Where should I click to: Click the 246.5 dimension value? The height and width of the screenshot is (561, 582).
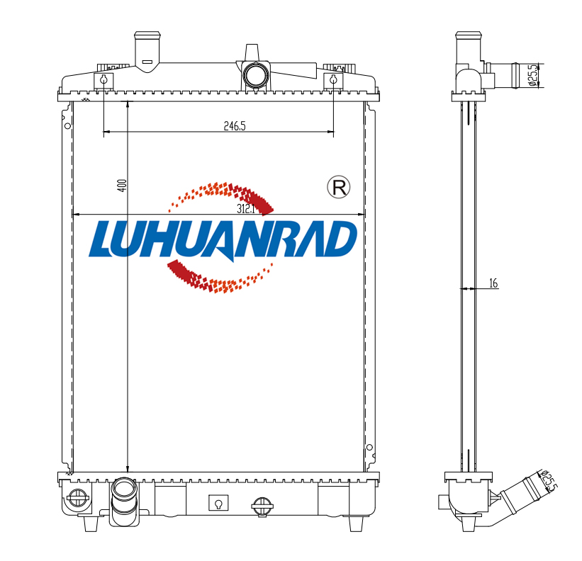click(235, 126)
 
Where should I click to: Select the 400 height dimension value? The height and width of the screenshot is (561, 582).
click(122, 186)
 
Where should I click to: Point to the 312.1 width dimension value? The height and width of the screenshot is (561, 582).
click(246, 209)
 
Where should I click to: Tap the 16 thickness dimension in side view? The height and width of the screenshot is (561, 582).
click(493, 283)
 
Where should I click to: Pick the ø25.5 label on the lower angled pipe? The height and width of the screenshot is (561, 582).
click(549, 481)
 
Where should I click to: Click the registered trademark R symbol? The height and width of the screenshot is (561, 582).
click(339, 187)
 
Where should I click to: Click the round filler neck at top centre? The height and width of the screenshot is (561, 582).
click(255, 75)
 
